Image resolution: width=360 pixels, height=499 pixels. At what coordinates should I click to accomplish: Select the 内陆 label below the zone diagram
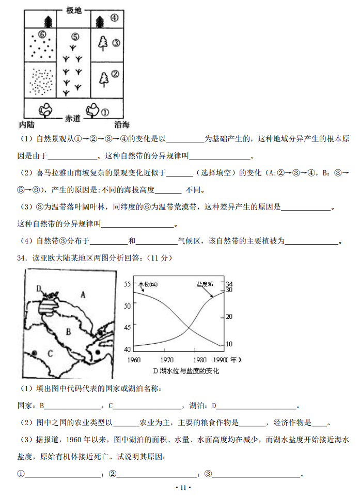pyautogui.click(x=27, y=124)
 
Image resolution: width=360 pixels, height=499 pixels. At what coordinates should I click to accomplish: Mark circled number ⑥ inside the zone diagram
pyautogui.click(x=42, y=35)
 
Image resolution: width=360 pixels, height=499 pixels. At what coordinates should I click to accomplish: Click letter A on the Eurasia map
pyautogui.click(x=83, y=295)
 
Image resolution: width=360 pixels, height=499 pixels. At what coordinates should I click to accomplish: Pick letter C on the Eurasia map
pyautogui.click(x=50, y=353)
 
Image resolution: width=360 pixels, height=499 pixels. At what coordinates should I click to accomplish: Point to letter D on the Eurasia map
pyautogui.click(x=39, y=288)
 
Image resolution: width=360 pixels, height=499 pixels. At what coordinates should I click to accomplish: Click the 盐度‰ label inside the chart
pyautogui.click(x=206, y=284)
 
